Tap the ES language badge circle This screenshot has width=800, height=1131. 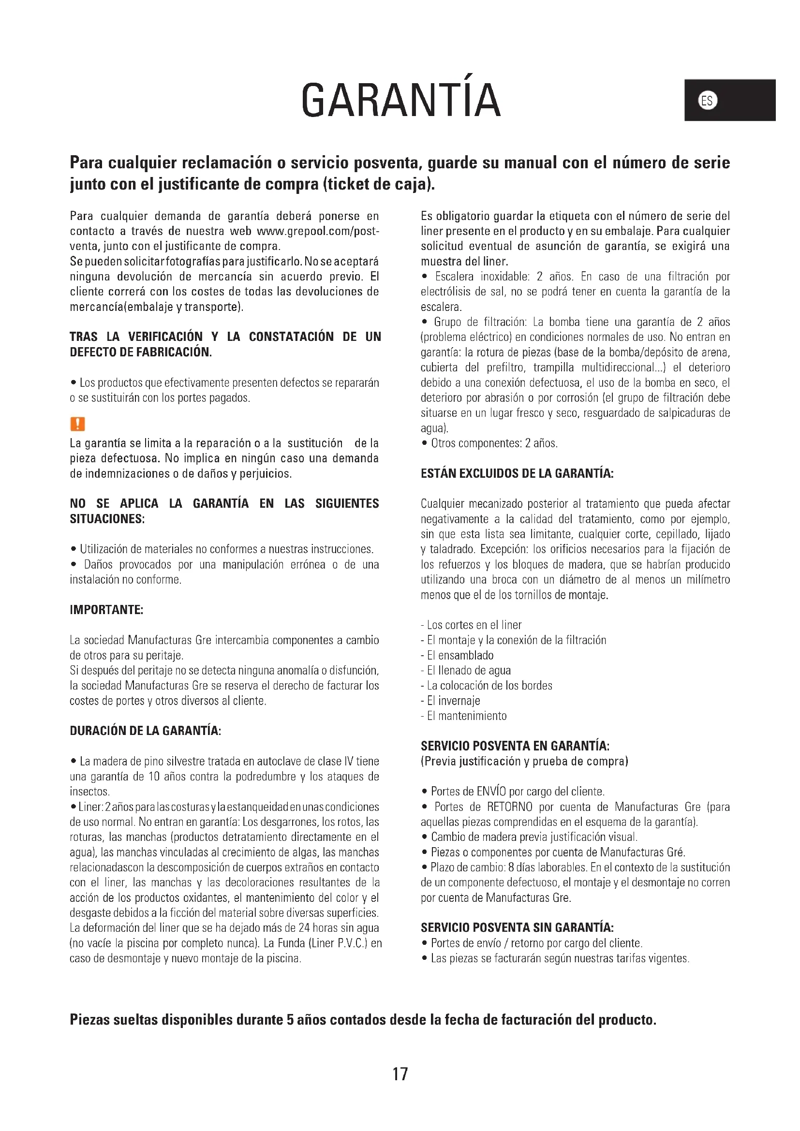point(708,101)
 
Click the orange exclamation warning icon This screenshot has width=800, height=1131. point(78,424)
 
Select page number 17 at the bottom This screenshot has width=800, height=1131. point(400,1073)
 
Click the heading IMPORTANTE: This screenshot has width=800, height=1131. point(106,610)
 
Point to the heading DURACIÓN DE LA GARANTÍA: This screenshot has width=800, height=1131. point(145,731)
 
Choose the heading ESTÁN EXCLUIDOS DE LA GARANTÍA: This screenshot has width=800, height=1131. point(517,473)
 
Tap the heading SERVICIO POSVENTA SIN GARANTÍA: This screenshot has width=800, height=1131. point(517,928)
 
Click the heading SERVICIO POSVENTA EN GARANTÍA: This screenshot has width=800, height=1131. point(515,746)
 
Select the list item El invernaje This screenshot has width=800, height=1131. point(450,701)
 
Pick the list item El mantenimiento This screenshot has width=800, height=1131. point(463,716)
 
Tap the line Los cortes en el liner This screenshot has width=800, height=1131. point(471,625)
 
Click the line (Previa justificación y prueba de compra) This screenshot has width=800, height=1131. point(524,761)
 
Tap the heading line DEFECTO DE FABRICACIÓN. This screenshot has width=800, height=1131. point(141,352)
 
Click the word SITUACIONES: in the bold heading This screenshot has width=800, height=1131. point(107,519)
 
